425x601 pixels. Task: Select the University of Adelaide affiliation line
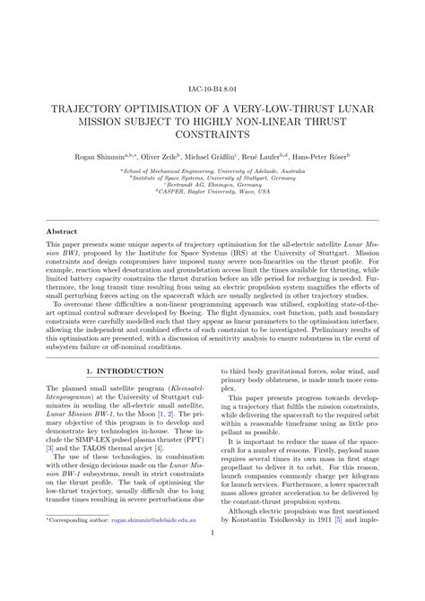[212, 169]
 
